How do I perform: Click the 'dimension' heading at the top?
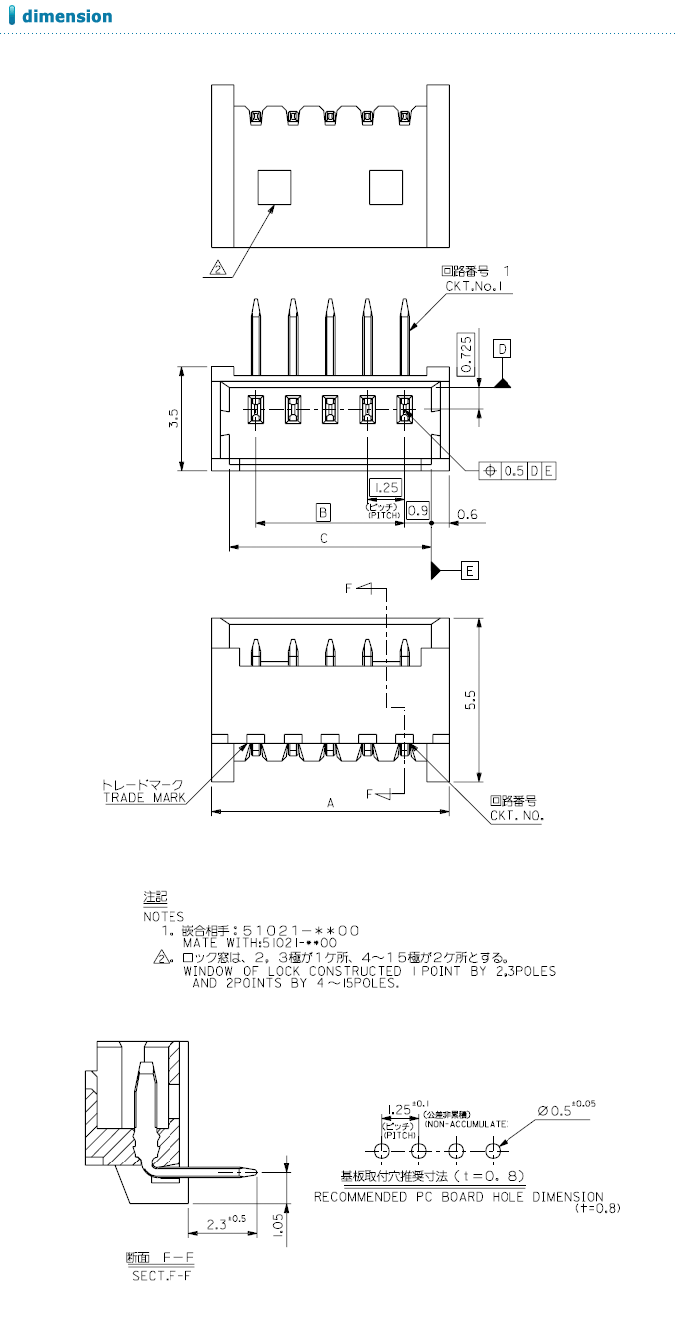pos(67,16)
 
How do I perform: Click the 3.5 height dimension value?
pos(173,418)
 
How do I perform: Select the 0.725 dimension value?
pos(466,353)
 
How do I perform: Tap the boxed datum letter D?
pos(504,348)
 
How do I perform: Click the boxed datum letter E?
pos(470,571)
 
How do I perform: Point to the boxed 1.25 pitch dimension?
pos(385,487)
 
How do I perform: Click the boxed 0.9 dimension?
pos(419,511)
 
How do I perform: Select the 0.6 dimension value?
pos(467,514)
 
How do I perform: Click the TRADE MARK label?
pos(145,797)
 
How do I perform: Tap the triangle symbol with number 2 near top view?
pos(219,267)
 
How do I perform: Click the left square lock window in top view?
pos(275,186)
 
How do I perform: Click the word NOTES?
pos(164,915)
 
